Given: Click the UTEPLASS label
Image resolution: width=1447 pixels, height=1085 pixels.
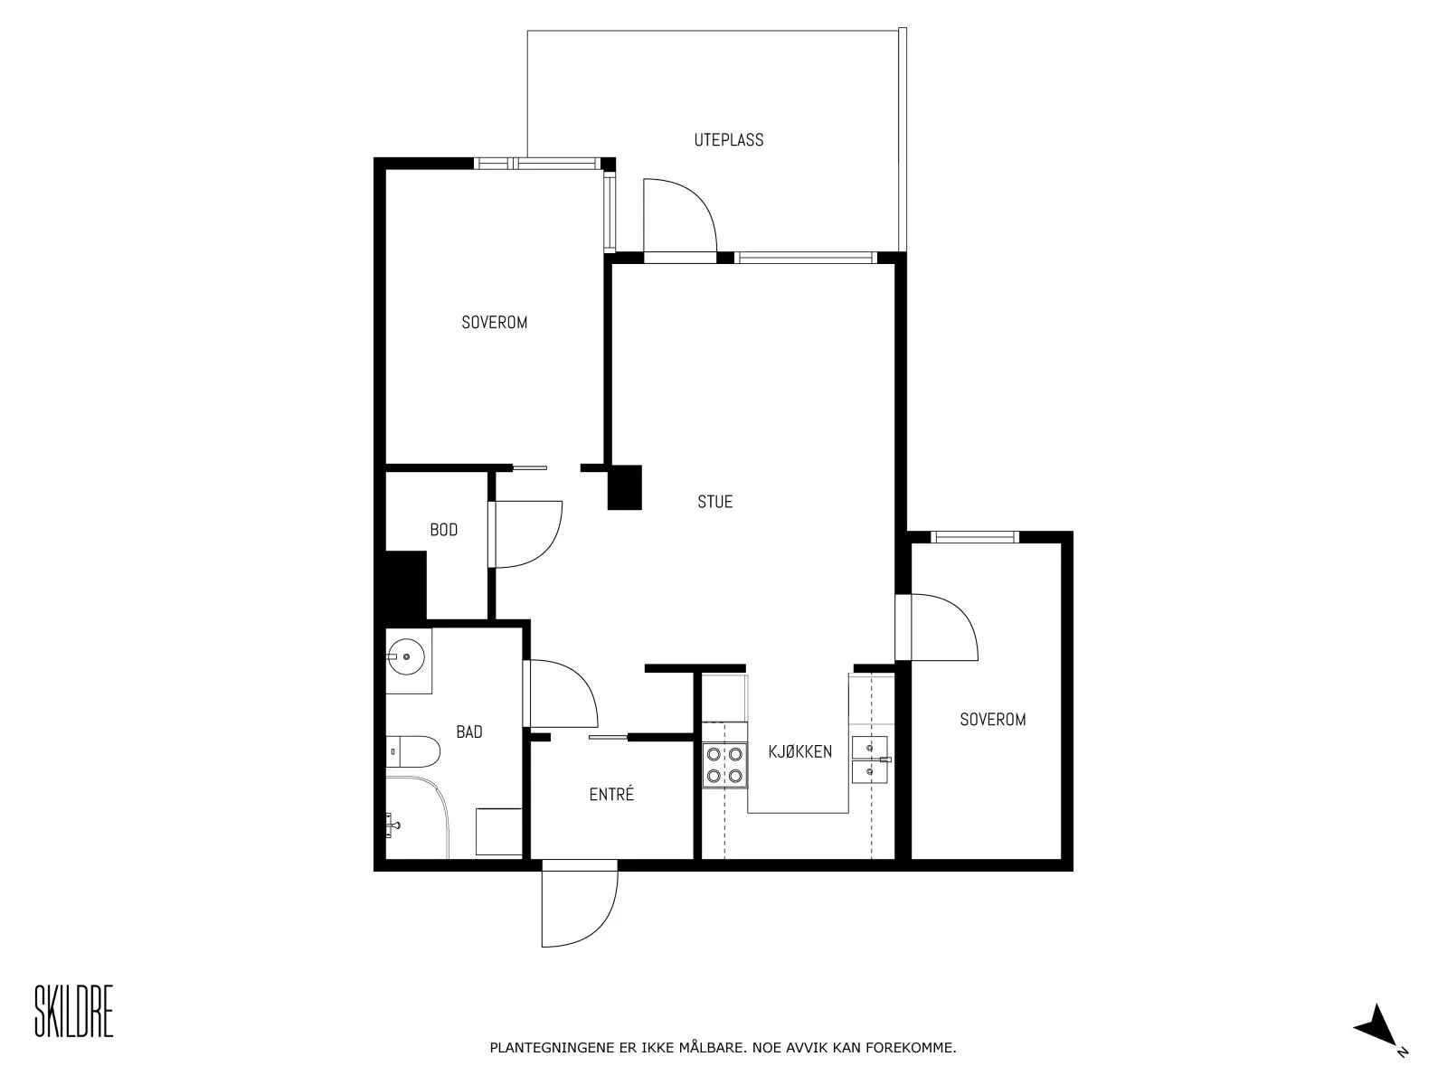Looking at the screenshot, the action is (728, 139).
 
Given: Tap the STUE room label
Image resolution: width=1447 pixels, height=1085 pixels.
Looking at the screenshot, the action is (714, 502).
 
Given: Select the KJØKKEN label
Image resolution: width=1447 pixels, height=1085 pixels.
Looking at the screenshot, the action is (799, 751).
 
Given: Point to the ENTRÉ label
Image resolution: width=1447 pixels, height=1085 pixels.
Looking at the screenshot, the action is (611, 794).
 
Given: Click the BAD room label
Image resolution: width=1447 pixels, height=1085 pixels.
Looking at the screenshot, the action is (468, 731).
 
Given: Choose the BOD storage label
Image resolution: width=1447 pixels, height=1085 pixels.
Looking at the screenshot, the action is (443, 530).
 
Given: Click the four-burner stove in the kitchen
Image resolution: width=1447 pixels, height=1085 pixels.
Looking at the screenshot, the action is (724, 765).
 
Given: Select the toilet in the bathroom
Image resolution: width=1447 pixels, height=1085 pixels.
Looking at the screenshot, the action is (412, 751).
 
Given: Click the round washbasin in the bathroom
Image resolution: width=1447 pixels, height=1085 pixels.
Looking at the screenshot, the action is (406, 656).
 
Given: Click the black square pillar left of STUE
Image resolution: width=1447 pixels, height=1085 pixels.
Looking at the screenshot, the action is (624, 487).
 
